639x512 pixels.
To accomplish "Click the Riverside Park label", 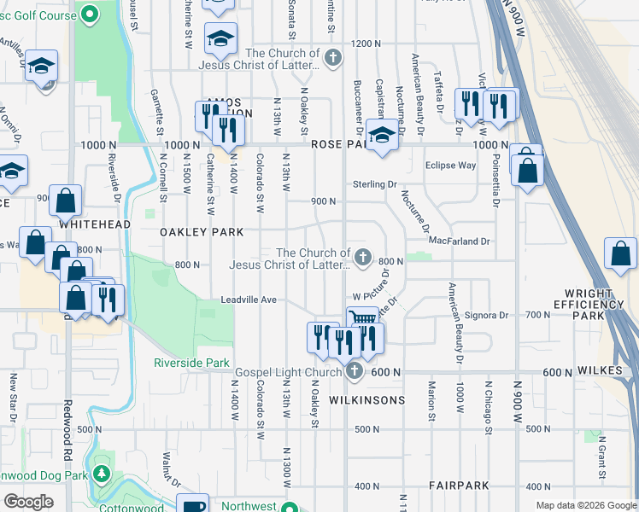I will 191,363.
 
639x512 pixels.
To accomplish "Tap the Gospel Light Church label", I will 289,372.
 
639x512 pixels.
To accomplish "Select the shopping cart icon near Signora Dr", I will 362,317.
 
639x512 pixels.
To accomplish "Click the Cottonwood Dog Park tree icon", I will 102,474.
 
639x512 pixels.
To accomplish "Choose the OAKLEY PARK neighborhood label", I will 202,232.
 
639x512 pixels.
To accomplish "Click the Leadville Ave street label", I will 249,300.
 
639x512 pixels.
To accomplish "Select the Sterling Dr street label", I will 375,184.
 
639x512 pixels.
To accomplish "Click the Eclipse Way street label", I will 450,166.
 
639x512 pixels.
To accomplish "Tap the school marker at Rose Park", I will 382,134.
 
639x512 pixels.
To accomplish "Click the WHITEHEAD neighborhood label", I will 95,224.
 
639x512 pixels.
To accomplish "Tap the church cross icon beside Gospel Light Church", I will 355,370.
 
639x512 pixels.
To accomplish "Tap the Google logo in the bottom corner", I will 28,502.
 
